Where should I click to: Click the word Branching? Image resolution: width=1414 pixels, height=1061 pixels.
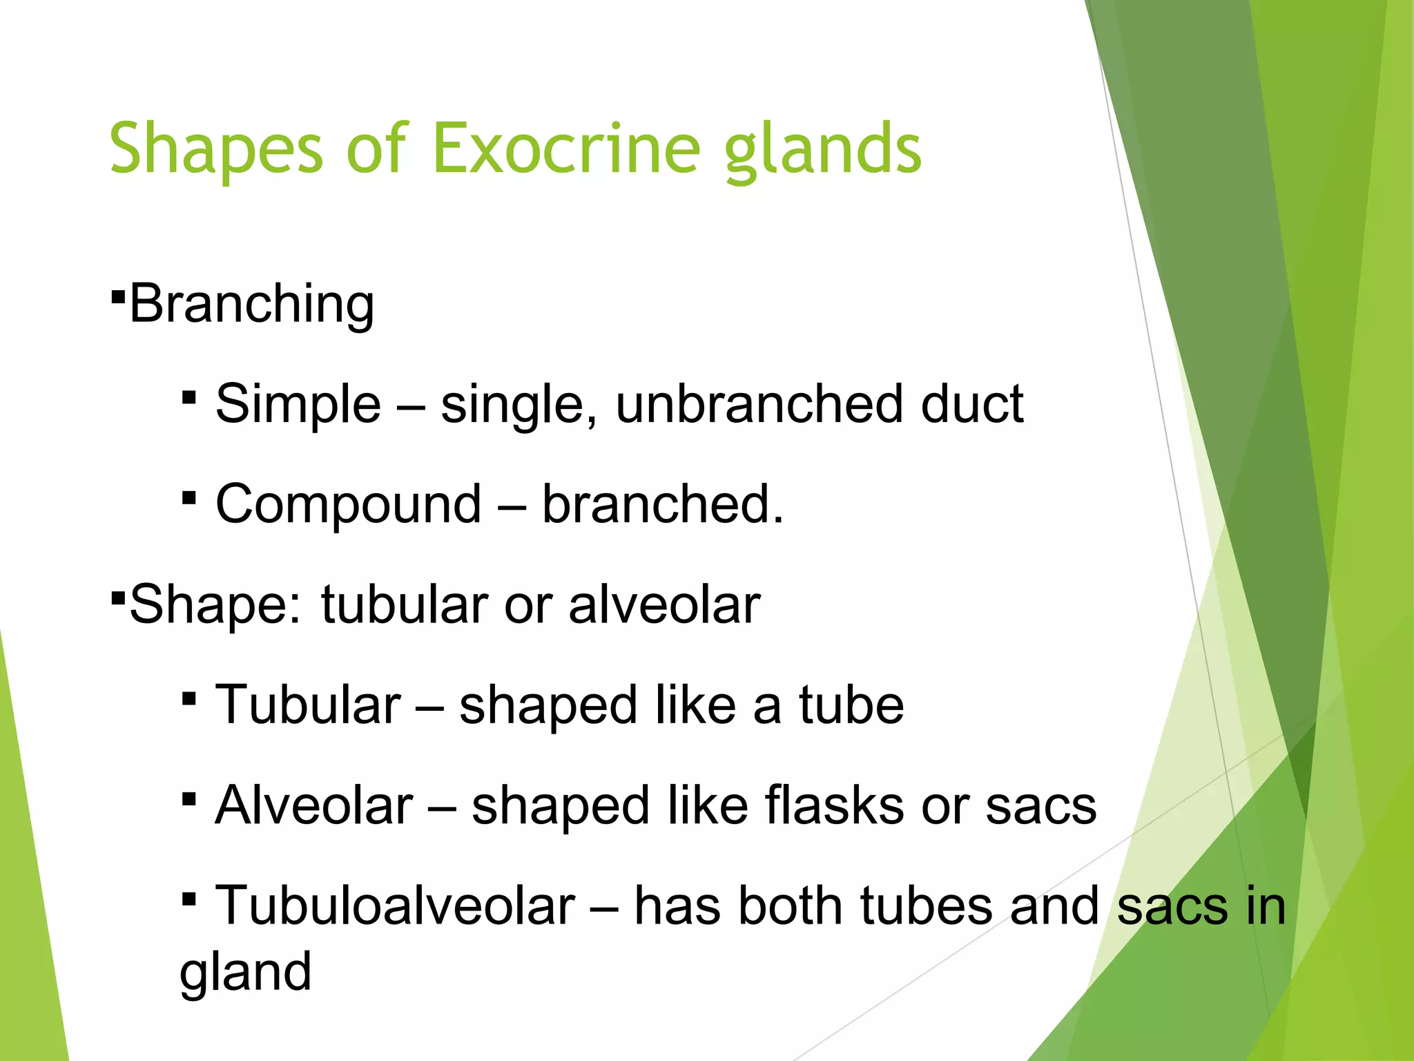pos(252,304)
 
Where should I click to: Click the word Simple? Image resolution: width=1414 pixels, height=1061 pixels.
pos(298,404)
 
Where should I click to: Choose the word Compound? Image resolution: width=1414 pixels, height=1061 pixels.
pos(348,504)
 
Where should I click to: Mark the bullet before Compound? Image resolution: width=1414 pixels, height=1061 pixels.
pos(189,497)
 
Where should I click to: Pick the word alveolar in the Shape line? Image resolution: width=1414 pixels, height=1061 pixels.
pos(664,605)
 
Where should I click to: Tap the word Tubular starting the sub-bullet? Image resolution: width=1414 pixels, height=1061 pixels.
pos(308,705)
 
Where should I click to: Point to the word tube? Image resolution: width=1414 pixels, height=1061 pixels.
pos(851,705)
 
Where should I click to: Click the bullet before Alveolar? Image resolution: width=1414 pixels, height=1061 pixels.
pos(189,799)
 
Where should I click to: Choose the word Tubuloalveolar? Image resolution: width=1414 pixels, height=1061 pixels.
pos(395,906)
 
